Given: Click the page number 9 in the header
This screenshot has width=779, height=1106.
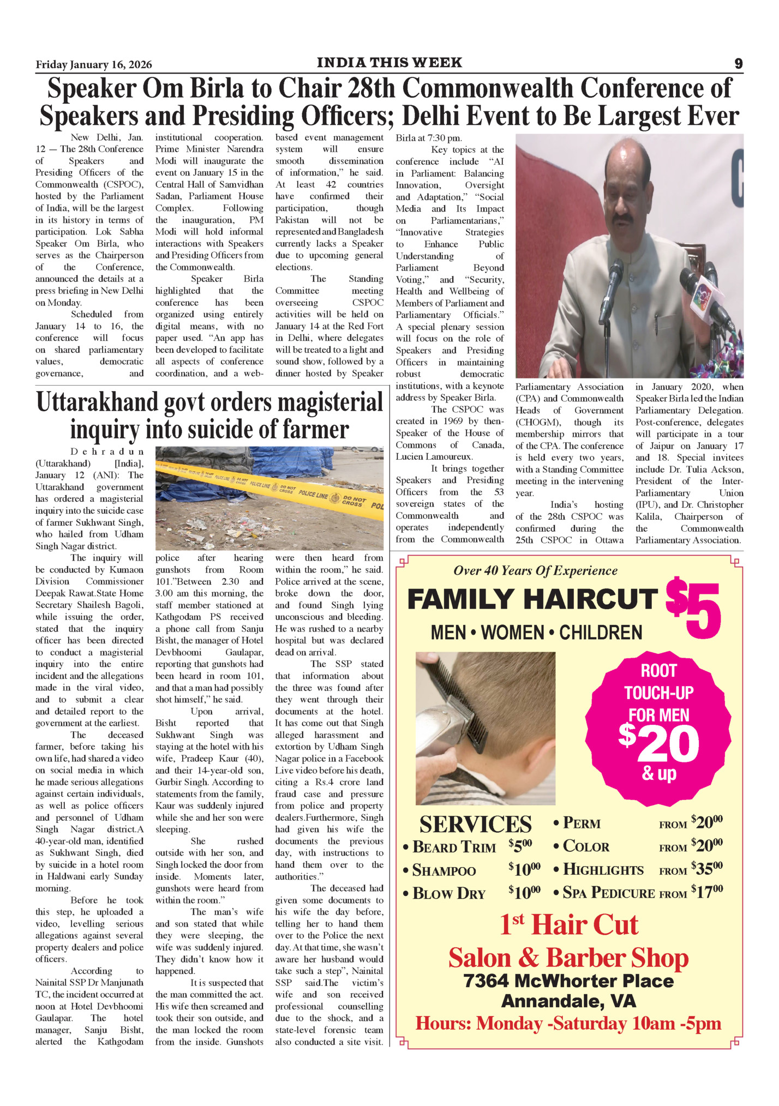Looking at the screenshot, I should coord(738,64).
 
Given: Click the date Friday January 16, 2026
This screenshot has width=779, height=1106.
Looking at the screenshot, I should coord(94,65).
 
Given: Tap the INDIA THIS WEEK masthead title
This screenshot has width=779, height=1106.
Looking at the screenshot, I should coord(389,63).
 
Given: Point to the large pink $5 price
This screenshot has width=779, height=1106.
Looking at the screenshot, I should coord(694,609).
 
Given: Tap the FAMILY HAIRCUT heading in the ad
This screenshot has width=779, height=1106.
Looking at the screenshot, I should coord(532,599).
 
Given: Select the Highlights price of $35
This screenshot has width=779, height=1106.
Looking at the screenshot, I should coord(706,868).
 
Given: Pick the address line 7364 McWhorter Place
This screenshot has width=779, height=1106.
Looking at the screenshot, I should coord(568,981).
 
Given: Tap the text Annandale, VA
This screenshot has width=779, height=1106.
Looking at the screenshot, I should coord(568,1001).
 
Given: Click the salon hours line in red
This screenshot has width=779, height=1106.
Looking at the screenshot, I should coord(568,1024).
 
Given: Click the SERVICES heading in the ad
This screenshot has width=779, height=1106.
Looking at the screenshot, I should coord(475,824).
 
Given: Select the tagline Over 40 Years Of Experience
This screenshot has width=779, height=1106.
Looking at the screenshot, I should coord(535,570).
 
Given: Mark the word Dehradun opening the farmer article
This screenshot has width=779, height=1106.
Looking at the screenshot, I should coord(107,452).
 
